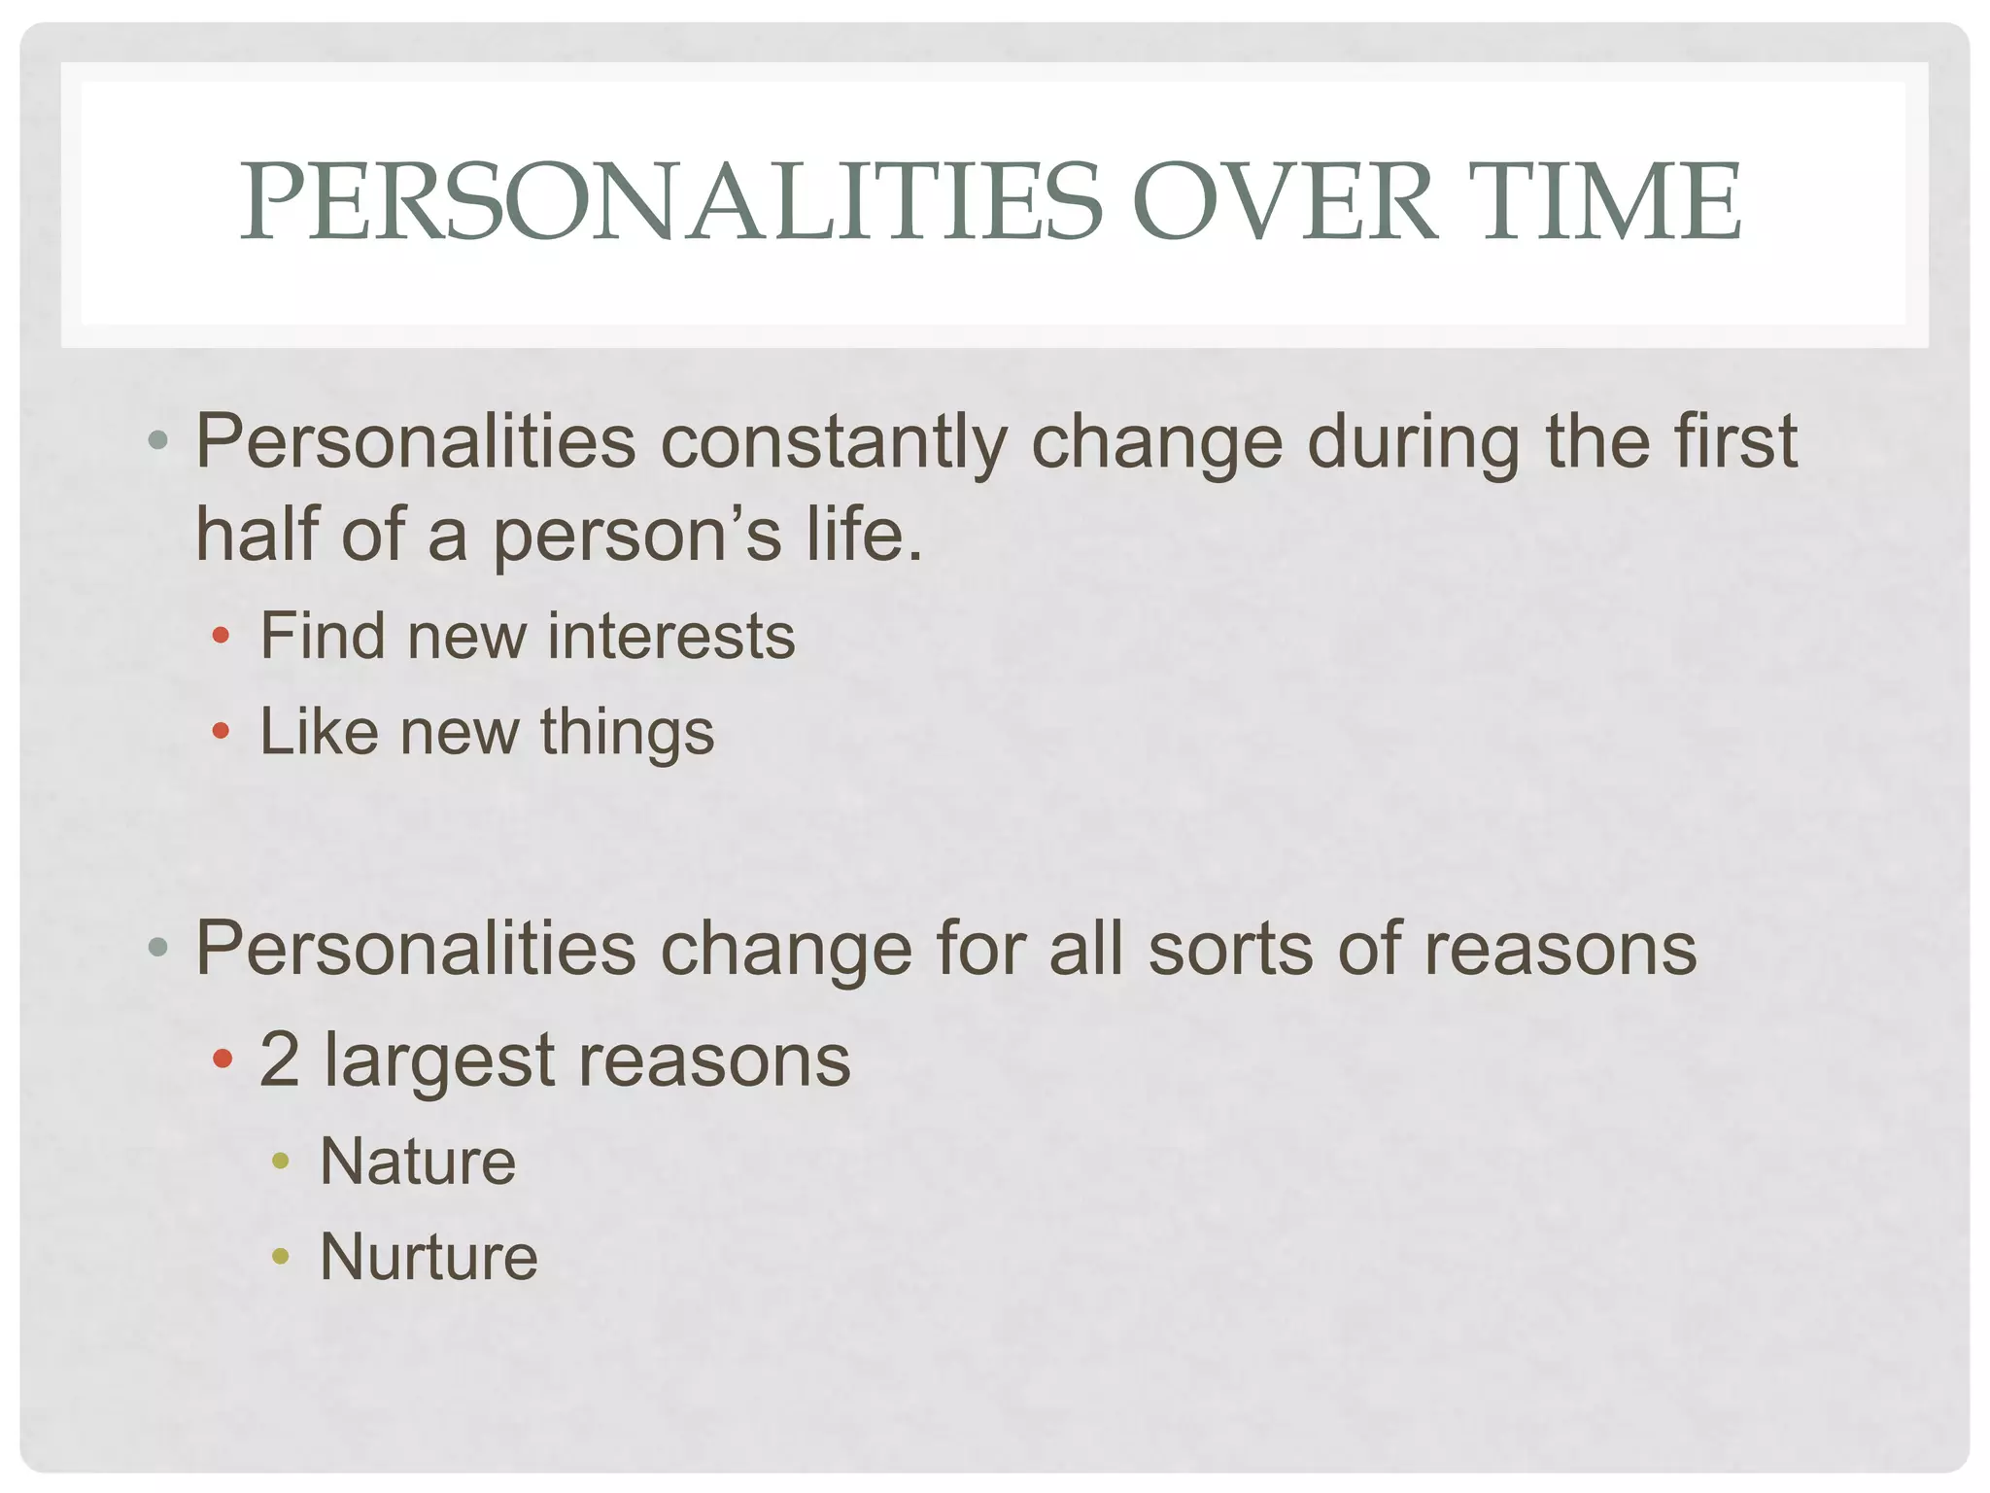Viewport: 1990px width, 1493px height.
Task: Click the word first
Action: point(1734,442)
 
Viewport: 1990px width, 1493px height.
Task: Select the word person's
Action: point(636,537)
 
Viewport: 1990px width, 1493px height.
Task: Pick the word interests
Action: point(671,637)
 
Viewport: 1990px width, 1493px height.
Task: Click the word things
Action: point(627,732)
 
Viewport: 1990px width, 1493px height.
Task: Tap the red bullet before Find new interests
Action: point(222,638)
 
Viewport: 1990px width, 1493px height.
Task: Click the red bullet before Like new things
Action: point(222,731)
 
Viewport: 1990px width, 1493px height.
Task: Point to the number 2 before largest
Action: point(279,1059)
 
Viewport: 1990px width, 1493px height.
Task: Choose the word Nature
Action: point(418,1162)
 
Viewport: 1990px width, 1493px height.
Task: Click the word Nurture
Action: point(429,1257)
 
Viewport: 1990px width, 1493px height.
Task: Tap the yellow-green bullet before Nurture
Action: point(281,1257)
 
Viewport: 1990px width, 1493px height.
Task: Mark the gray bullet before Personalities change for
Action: point(158,948)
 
